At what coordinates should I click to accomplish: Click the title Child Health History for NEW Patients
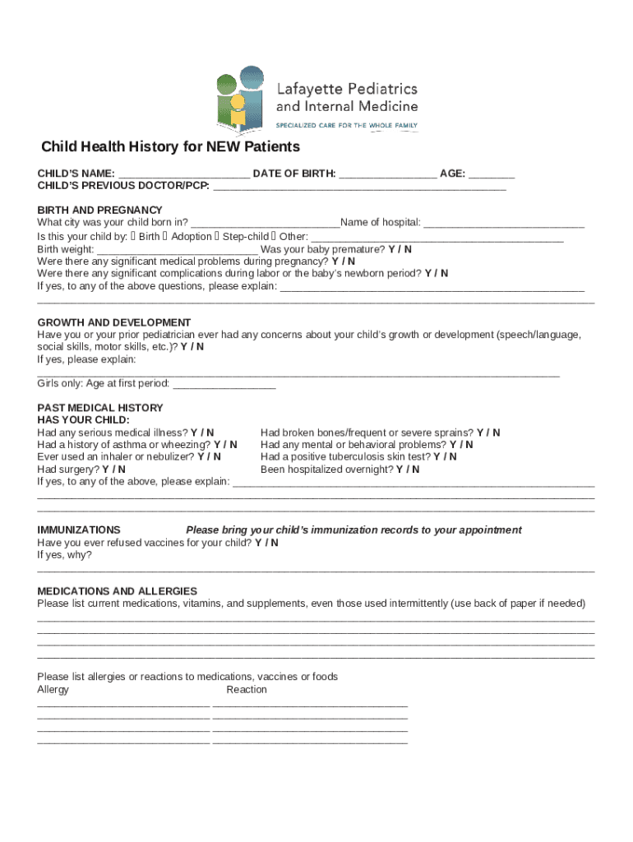click(x=170, y=147)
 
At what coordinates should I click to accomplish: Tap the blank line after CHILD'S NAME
click(x=183, y=174)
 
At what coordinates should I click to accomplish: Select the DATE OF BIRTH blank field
click(x=387, y=174)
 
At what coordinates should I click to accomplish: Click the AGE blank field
click(x=492, y=174)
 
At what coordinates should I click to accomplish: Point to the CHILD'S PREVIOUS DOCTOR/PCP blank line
click(x=359, y=187)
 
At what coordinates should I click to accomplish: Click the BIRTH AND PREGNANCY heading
click(x=99, y=210)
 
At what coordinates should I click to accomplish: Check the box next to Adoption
click(x=167, y=236)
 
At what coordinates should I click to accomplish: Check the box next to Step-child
click(x=218, y=236)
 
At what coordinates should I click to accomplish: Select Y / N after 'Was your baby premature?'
click(x=400, y=249)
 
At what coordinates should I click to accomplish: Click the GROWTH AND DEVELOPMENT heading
click(x=113, y=322)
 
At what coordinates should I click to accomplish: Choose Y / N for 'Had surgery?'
click(x=113, y=470)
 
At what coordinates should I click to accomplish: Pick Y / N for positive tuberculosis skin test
click(x=445, y=457)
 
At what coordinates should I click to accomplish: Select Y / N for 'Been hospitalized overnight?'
click(x=407, y=470)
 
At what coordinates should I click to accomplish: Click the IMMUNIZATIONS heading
click(x=79, y=530)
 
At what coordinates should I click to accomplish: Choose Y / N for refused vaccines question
click(x=266, y=543)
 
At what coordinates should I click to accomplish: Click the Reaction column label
click(x=247, y=690)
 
